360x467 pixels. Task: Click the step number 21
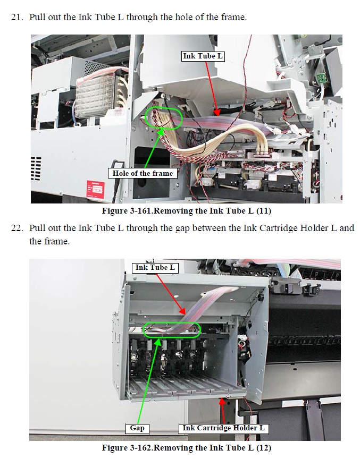[16, 17]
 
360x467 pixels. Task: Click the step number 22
[16, 228]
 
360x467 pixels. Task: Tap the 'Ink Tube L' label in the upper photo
[203, 56]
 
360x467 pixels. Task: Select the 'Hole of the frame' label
[143, 173]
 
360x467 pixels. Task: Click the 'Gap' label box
[137, 428]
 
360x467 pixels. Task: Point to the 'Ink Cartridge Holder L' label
[223, 428]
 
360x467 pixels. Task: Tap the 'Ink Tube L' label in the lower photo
[155, 267]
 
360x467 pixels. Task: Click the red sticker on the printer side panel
[95, 189]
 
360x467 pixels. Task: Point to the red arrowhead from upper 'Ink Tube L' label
[217, 112]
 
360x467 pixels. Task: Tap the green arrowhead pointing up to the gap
[158, 342]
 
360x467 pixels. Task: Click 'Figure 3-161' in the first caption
[127, 211]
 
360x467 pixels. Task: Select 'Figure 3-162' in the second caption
[127, 448]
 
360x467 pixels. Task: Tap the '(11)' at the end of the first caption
[263, 211]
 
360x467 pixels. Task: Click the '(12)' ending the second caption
[263, 448]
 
